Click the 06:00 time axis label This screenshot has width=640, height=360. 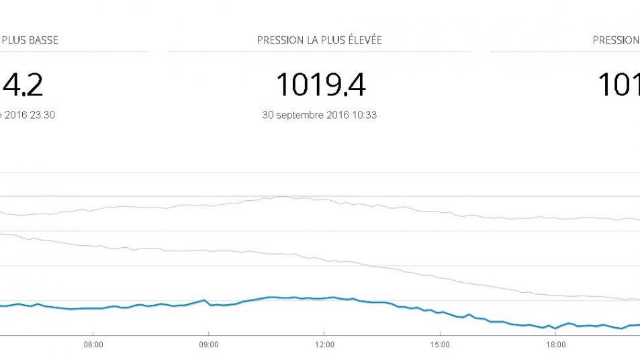point(93,345)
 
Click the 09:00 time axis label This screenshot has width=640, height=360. point(208,345)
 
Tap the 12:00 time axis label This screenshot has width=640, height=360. point(324,345)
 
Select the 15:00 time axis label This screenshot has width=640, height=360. point(439,345)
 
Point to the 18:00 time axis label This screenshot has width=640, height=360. point(555,345)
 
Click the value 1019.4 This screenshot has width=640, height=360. point(320,85)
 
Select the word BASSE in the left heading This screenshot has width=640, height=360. point(42,40)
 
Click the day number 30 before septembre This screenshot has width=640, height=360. point(267,115)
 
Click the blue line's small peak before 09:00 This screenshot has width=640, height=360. point(203,300)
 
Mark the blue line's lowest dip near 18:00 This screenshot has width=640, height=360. point(555,328)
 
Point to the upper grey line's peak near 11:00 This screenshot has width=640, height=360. point(283,196)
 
